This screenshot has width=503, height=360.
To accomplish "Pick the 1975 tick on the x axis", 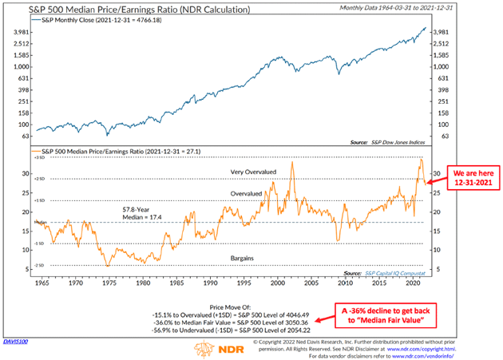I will coord(107,282).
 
